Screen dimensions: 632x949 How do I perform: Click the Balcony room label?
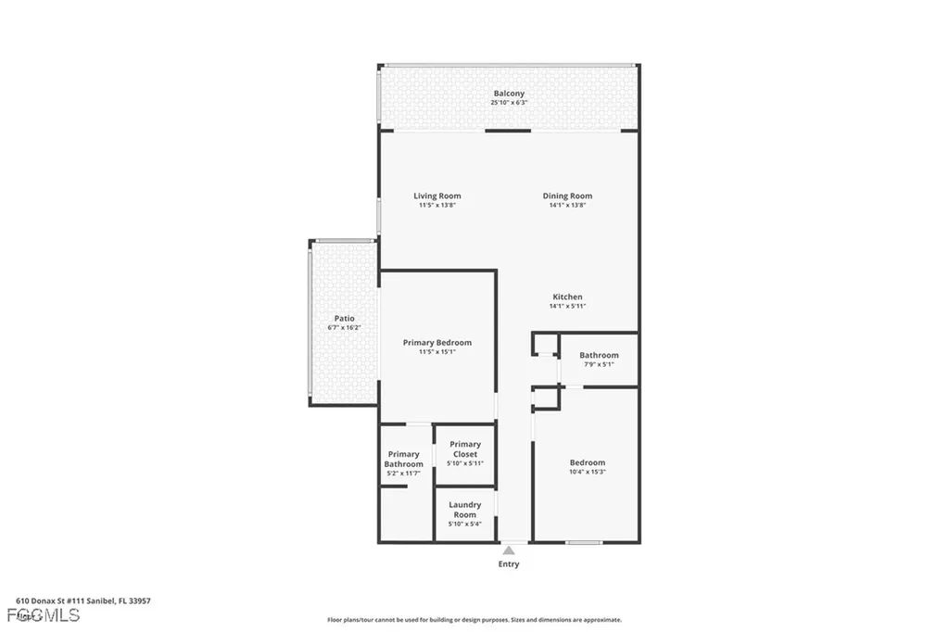[509, 94]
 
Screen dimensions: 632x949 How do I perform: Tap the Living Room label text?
[437, 196]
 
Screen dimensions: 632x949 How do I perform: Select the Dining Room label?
[567, 196]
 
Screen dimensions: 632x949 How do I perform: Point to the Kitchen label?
[567, 297]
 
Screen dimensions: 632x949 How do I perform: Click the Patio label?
[344, 318]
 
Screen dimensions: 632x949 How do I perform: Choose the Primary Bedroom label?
[437, 342]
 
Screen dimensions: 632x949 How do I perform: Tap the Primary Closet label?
[465, 449]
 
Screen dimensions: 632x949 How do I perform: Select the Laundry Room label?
[465, 510]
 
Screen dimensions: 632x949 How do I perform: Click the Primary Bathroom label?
[404, 459]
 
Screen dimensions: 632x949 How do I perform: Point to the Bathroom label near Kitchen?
[599, 355]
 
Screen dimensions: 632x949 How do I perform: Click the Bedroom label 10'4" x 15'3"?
[587, 462]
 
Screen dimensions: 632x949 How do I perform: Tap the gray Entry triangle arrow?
[509, 550]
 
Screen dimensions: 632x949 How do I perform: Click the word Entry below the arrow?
[509, 563]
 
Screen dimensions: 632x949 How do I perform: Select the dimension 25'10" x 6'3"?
[509, 103]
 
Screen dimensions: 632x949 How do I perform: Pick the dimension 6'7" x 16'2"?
[344, 328]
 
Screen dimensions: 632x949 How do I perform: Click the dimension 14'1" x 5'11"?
[567, 306]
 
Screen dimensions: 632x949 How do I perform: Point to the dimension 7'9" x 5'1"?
[599, 364]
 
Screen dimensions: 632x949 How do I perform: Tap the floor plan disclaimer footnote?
[474, 620]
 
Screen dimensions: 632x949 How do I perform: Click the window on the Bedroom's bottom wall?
[584, 542]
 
